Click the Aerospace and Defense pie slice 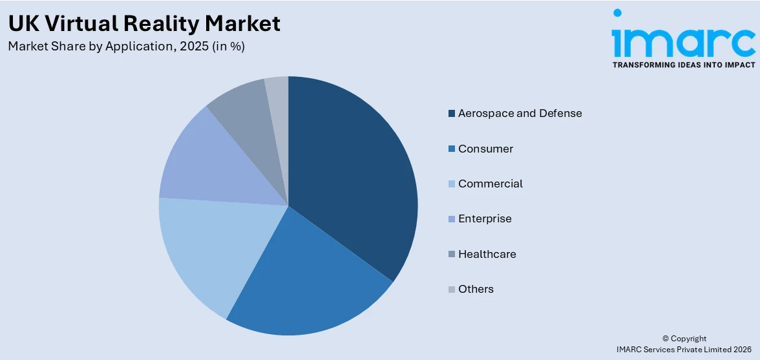[352, 175]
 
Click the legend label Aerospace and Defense [520, 114]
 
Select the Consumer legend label [485, 149]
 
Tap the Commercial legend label [491, 184]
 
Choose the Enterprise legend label [485, 219]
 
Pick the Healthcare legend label [487, 254]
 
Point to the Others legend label [476, 289]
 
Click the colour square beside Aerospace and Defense [451, 114]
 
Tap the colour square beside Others [451, 290]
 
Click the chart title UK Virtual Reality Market [144, 24]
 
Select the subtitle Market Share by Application [126, 47]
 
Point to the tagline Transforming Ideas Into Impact [684, 65]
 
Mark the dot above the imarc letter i [617, 13]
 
